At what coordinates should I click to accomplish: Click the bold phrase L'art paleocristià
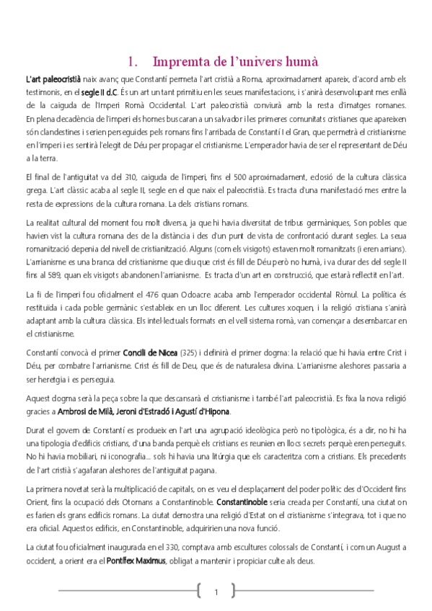click(x=52, y=78)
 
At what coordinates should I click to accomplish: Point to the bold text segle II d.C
click(x=99, y=93)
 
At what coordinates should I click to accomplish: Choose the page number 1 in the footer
click(x=216, y=592)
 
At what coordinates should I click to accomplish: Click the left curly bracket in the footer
click(x=198, y=592)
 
